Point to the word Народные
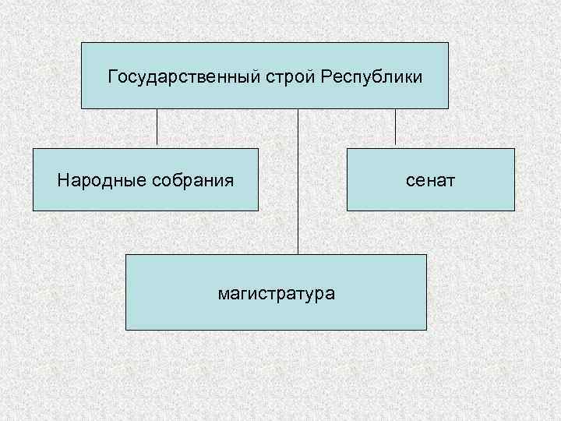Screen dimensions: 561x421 [92, 181]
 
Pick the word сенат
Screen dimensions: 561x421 [430, 181]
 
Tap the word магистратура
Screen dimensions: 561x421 [277, 294]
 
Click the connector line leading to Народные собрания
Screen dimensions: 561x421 [157, 128]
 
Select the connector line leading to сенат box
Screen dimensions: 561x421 [395, 128]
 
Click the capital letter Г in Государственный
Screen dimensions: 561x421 [112, 77]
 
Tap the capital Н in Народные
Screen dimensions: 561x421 [62, 180]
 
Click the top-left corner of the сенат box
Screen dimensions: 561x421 [348, 149]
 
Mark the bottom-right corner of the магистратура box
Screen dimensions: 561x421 [426, 330]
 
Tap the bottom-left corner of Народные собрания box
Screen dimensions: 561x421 [34, 210]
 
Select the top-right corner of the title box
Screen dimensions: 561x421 [448, 43]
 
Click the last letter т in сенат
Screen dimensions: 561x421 [452, 182]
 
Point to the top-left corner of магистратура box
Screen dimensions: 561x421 [126, 255]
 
